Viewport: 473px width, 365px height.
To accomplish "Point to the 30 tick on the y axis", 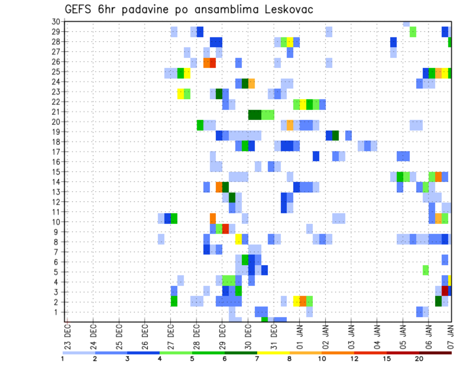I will [x=56, y=22].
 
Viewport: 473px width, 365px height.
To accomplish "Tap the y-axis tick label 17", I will [x=56, y=152].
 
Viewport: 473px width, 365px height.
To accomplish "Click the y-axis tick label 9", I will [x=58, y=232].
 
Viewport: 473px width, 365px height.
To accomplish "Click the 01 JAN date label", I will [x=299, y=333].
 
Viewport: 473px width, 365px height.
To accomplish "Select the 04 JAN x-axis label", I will [x=376, y=333].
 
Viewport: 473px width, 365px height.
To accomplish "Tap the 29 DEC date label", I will [x=222, y=333].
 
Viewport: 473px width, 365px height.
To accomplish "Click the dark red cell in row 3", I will [x=445, y=291].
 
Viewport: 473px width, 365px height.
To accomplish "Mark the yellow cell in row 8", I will [x=238, y=239].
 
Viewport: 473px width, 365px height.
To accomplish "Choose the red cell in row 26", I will [x=213, y=62].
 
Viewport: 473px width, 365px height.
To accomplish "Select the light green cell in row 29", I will [x=413, y=32].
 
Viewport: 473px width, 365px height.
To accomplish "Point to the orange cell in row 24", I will [x=251, y=83].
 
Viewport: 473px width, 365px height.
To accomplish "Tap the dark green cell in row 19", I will [x=336, y=135].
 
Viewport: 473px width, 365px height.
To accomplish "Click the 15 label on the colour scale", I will [x=387, y=358].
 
